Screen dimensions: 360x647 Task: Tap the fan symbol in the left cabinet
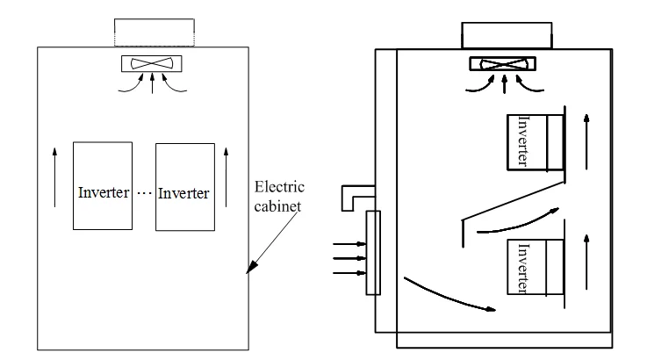pos(153,63)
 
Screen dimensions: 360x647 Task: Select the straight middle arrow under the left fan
pos(154,83)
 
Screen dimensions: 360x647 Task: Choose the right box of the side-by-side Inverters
pos(184,186)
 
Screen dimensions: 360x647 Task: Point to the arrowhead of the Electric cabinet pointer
pos(251,270)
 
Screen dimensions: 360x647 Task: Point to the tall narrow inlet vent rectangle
pos(374,253)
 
